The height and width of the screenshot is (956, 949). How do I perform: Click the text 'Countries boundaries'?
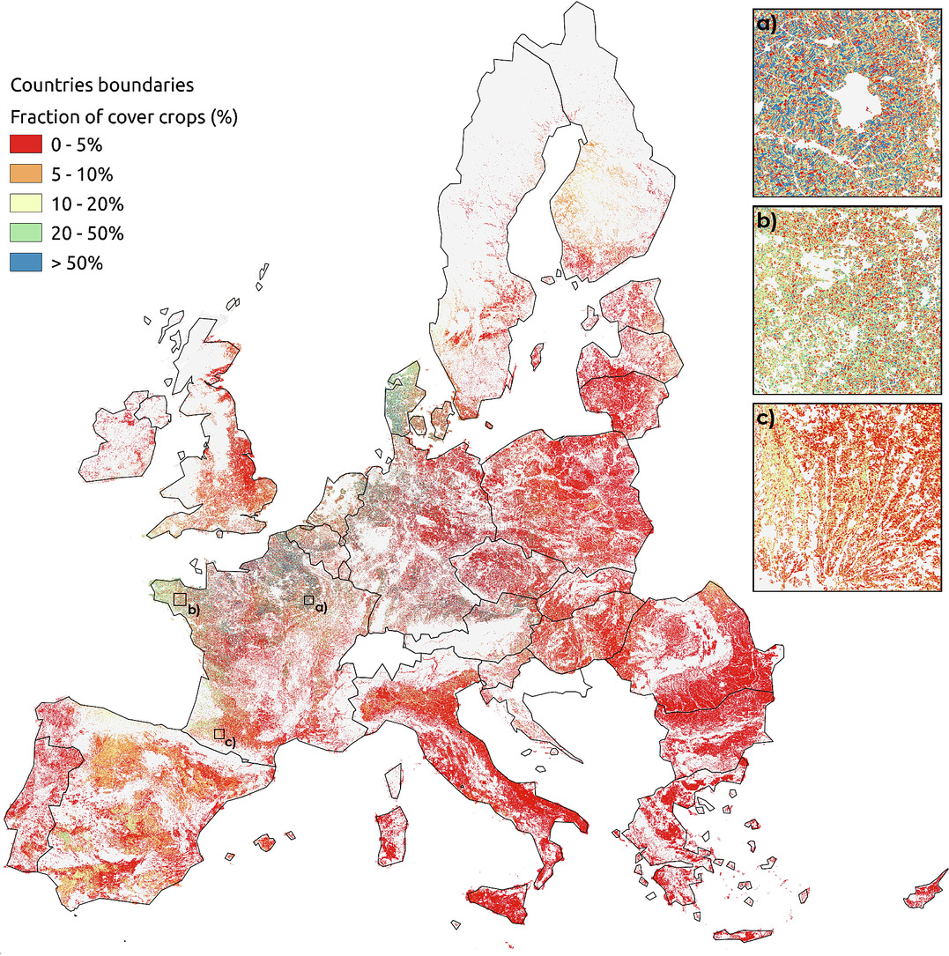(101, 85)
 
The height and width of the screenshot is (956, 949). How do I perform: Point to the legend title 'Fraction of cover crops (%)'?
(124, 115)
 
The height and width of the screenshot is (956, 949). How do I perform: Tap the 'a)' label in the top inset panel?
(767, 24)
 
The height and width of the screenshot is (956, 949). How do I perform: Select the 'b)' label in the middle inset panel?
(767, 220)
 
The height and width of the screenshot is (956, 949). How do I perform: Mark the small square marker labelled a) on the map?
(308, 600)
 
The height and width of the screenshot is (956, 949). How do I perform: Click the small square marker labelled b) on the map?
(180, 599)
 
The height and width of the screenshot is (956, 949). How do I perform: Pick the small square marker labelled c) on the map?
(219, 733)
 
